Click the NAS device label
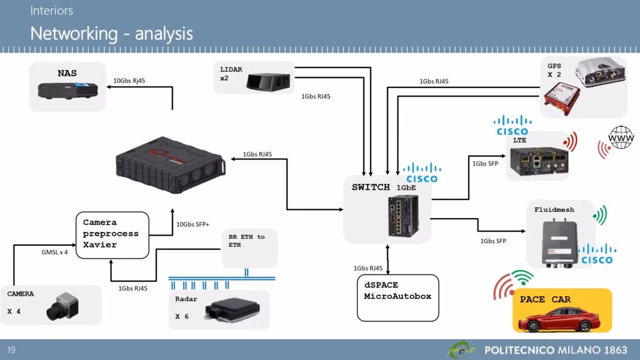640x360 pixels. coord(67,73)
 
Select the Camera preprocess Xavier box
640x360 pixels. coord(112,234)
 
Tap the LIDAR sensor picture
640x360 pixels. coord(267,81)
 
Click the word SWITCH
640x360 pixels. coord(370,187)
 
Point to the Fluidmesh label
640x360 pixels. coord(554,210)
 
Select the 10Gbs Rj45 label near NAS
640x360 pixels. coord(130,81)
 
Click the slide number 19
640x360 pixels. coord(12,349)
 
